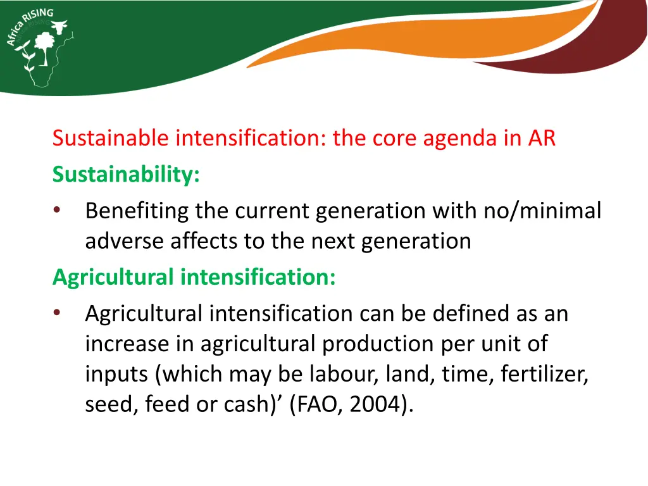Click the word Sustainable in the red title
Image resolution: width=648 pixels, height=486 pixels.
click(x=111, y=138)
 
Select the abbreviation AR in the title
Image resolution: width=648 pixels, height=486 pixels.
click(x=542, y=138)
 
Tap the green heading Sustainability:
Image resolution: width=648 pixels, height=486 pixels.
click(x=126, y=175)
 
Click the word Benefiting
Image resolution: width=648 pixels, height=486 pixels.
click(x=137, y=211)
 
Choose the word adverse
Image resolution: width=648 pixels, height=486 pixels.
click(x=125, y=241)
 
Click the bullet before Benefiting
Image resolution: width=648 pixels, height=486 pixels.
click(x=58, y=211)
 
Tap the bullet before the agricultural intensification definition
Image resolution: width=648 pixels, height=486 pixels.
click(x=58, y=313)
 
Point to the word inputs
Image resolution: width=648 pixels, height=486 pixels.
click(x=117, y=375)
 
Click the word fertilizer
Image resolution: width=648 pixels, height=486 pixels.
click(x=544, y=375)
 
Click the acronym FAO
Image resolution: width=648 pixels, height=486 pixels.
click(x=318, y=405)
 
